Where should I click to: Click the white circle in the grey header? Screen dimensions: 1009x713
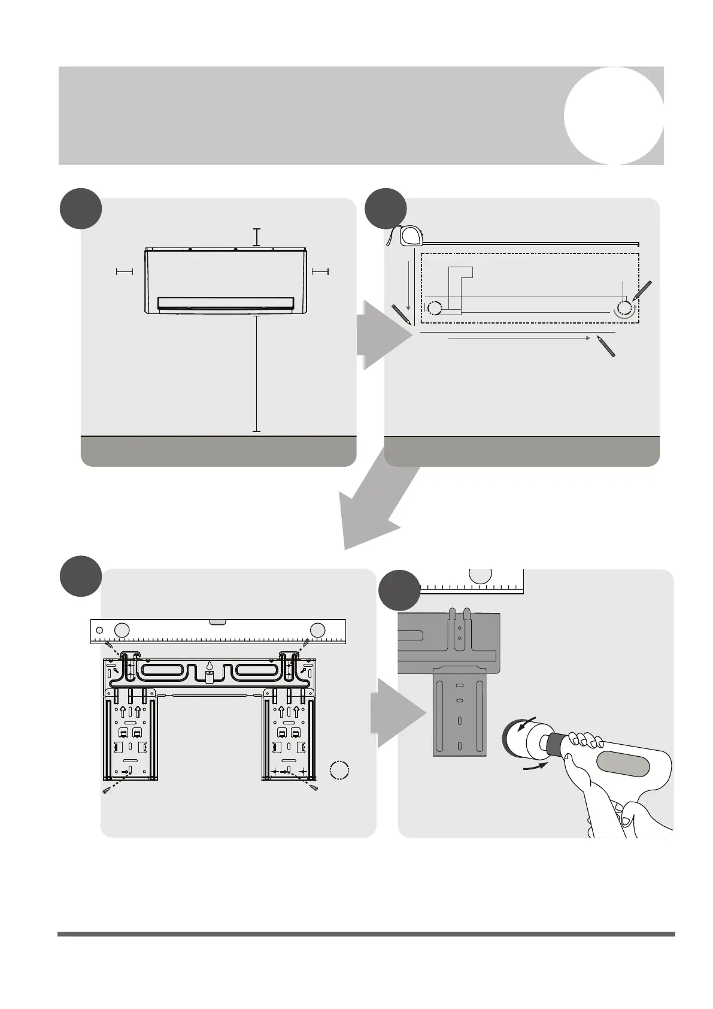[614, 116]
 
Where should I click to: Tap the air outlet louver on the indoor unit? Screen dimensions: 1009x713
[226, 303]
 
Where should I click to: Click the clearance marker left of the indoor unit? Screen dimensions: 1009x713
[124, 272]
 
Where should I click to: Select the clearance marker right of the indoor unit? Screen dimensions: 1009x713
[320, 272]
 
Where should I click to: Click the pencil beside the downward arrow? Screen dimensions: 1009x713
[401, 315]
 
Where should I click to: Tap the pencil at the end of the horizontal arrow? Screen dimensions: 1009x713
[606, 346]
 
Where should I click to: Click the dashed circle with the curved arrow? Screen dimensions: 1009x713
[624, 309]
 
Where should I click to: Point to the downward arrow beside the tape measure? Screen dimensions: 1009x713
[409, 285]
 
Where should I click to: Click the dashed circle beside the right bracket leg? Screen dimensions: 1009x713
[339, 771]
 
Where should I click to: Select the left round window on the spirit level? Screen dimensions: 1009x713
[122, 630]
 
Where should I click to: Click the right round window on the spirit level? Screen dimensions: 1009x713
[318, 630]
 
